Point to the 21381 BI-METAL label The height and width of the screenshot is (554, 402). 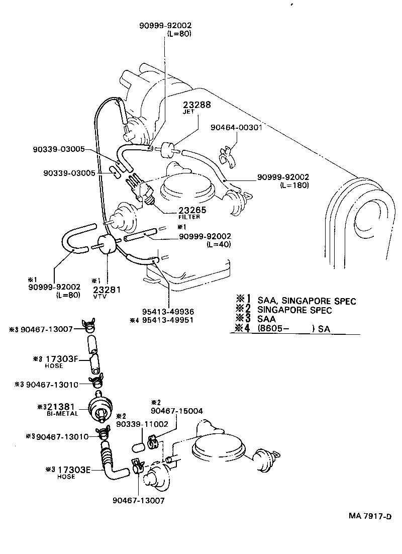tap(61, 407)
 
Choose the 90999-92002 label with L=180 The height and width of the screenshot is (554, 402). tap(283, 177)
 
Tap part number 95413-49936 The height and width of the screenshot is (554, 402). tap(168, 312)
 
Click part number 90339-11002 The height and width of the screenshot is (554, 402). tap(142, 424)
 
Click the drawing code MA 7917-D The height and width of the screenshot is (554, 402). tap(370, 516)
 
